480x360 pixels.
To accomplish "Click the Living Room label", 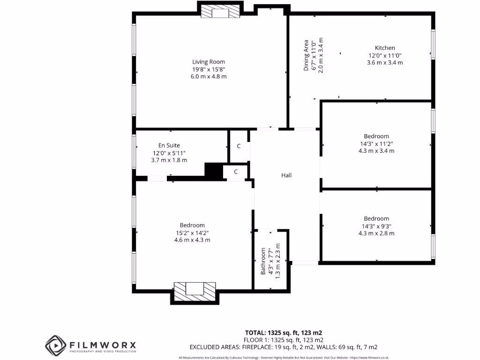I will [x=209, y=61].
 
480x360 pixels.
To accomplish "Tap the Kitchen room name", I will [x=384, y=48].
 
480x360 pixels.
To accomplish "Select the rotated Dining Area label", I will [x=306, y=55].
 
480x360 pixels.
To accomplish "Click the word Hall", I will [x=286, y=175].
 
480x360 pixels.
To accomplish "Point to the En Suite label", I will [x=169, y=145].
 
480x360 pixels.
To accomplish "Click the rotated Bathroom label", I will [x=263, y=261].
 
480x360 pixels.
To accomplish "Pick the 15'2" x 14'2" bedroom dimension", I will [x=192, y=232].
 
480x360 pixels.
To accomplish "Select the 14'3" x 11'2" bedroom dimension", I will [x=376, y=144].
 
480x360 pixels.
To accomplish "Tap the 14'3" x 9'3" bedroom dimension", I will [x=376, y=226].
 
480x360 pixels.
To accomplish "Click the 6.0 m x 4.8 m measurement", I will [x=209, y=76].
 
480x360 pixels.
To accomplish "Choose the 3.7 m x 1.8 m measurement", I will [x=169, y=160].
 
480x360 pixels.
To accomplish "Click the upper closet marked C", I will [x=239, y=146].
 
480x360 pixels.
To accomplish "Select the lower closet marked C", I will [x=236, y=172].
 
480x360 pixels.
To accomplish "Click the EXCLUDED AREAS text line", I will [x=283, y=347].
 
